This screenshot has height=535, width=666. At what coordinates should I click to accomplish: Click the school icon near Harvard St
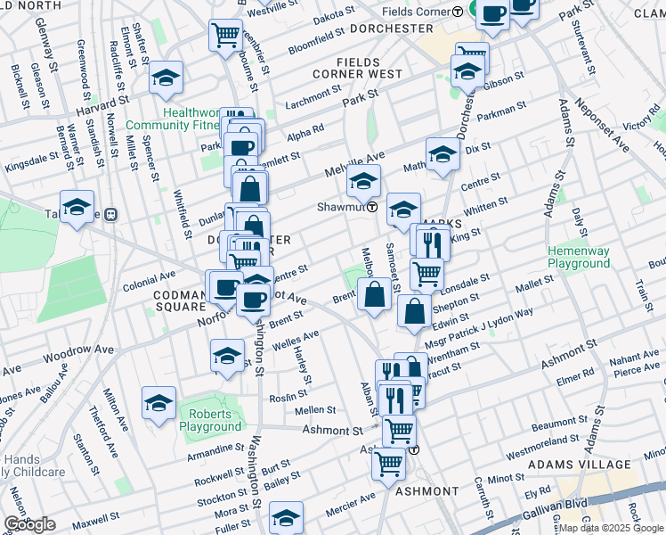(166, 78)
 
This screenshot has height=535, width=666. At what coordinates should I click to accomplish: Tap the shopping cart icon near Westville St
(225, 36)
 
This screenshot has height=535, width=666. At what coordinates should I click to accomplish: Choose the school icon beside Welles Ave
(227, 355)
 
